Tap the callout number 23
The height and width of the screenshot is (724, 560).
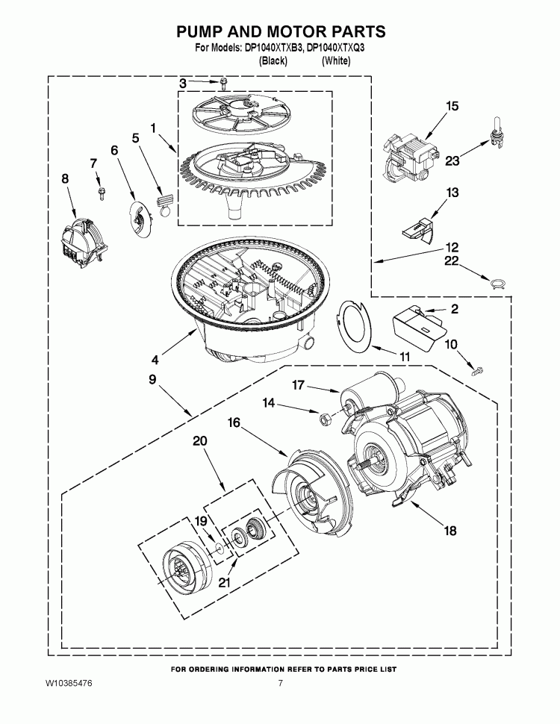click(x=453, y=159)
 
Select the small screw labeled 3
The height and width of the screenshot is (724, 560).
click(x=222, y=84)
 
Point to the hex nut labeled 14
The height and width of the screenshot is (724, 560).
click(x=326, y=420)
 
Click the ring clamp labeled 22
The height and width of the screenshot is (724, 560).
click(x=495, y=282)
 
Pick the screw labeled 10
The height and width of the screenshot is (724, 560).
click(x=476, y=368)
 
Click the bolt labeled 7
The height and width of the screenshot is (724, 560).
click(x=99, y=193)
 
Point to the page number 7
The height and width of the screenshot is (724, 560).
click(x=281, y=684)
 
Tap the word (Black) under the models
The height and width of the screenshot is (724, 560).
click(x=273, y=61)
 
